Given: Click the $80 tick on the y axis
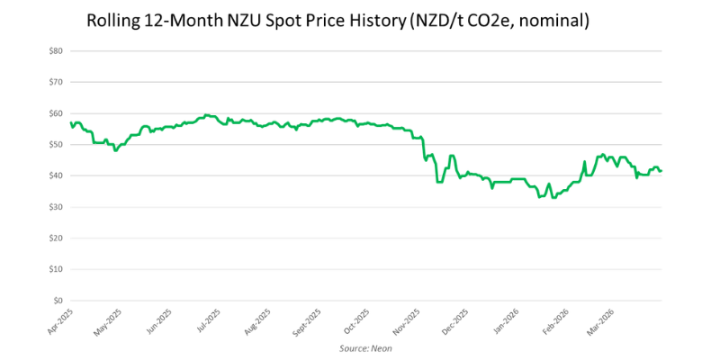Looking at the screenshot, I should click(56, 51).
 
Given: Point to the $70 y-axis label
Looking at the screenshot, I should click(56, 82).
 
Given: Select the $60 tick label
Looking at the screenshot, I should click(56, 113).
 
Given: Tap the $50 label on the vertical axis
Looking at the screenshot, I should click(56, 145).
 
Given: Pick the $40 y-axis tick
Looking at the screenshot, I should click(56, 175).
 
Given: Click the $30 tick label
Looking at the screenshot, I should click(56, 207).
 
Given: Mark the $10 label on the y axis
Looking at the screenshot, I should click(56, 269).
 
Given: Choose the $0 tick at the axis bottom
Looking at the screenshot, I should click(58, 301).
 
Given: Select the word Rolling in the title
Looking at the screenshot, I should click(114, 20).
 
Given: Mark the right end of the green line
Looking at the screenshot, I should click(662, 171).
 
